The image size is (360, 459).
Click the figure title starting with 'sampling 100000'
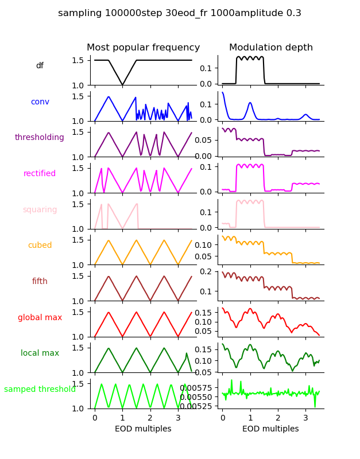(x=180, y=13)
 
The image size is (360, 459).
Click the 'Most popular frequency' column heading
(x=144, y=48)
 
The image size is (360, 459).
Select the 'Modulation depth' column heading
(x=271, y=48)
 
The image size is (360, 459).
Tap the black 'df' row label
(x=40, y=66)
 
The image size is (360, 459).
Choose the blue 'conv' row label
(x=40, y=102)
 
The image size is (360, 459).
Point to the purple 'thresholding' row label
(x=40, y=138)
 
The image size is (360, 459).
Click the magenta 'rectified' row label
(x=40, y=174)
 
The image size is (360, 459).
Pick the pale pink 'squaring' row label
(x=40, y=210)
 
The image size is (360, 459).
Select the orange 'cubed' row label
(x=40, y=246)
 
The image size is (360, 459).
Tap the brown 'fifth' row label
(x=40, y=282)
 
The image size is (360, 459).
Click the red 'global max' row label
(x=40, y=318)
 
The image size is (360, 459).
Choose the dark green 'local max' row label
(x=40, y=353)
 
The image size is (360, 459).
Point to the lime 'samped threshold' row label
(x=40, y=390)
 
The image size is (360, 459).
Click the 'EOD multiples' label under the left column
(x=144, y=429)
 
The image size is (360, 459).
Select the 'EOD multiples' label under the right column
(x=271, y=429)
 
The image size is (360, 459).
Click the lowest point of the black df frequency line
(x=122, y=85)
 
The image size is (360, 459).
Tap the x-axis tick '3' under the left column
(x=178, y=418)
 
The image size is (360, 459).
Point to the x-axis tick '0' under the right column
(x=223, y=418)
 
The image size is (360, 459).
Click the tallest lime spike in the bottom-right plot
(x=232, y=380)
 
